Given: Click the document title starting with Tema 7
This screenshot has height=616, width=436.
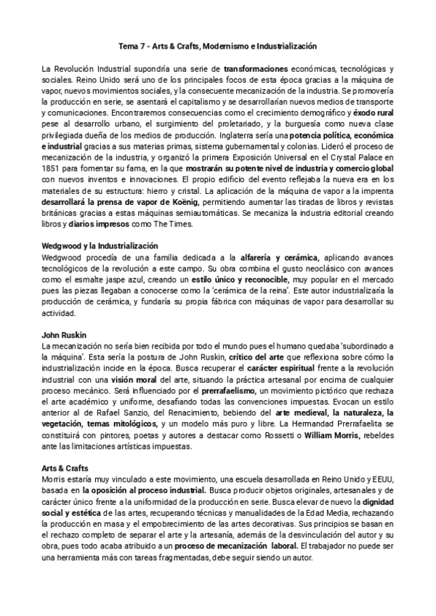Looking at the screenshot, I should [218, 45].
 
